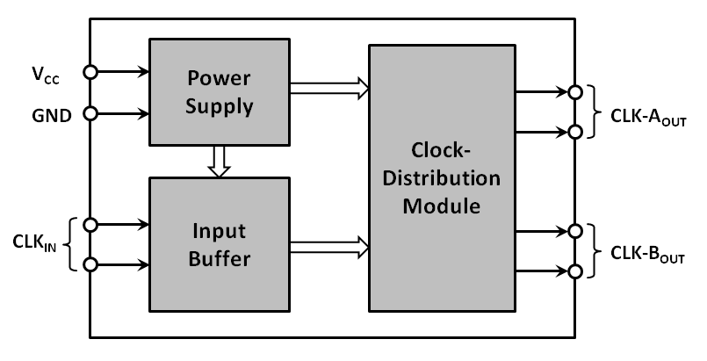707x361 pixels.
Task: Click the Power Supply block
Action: [x=220, y=91]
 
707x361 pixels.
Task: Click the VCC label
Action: [x=45, y=73]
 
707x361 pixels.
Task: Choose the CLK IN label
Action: [x=35, y=244]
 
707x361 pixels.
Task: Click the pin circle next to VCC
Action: [x=90, y=72]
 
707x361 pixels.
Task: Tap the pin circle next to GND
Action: [x=90, y=113]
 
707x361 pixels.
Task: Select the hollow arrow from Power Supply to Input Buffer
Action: [x=220, y=161]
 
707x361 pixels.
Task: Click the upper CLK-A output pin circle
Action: [x=574, y=91]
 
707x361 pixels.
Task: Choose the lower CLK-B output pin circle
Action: [x=574, y=271]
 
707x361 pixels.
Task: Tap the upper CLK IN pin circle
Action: [x=90, y=225]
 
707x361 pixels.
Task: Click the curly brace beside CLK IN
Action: [x=73, y=244]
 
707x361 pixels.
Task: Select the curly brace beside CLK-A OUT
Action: [x=593, y=112]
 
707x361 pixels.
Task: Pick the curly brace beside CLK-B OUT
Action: [x=593, y=251]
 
